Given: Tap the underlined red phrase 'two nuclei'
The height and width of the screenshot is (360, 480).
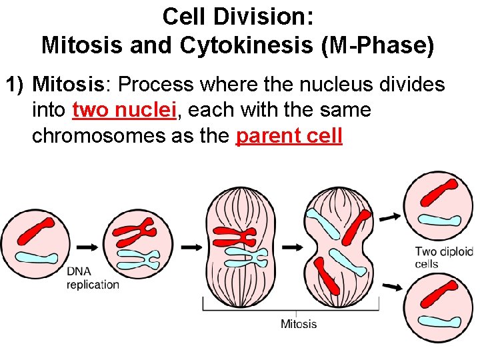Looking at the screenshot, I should (125, 109).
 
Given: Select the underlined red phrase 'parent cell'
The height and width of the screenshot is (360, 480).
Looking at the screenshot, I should (289, 135).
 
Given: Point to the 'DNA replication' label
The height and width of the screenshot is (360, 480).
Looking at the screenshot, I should (93, 278).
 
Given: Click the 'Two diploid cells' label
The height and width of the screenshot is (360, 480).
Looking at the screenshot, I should (443, 257).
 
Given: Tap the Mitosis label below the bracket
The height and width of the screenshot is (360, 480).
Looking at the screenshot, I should (299, 324).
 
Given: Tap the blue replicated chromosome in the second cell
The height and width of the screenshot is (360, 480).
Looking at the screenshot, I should (138, 259).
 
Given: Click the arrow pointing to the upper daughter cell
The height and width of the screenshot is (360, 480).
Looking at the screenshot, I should (393, 216).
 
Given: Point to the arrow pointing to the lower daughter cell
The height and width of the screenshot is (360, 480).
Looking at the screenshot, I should (393, 287).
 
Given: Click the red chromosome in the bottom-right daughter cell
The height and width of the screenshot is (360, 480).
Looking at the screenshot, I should (437, 297).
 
